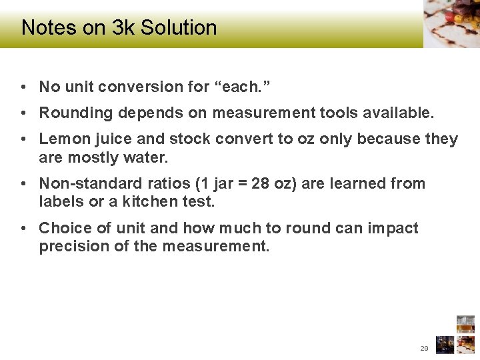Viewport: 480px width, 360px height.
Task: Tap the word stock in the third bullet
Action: [x=194, y=139]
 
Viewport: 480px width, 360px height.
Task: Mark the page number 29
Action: [x=424, y=349]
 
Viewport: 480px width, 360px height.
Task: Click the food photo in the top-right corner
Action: [x=451, y=23]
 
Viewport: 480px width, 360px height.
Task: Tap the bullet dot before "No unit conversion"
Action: [x=23, y=87]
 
